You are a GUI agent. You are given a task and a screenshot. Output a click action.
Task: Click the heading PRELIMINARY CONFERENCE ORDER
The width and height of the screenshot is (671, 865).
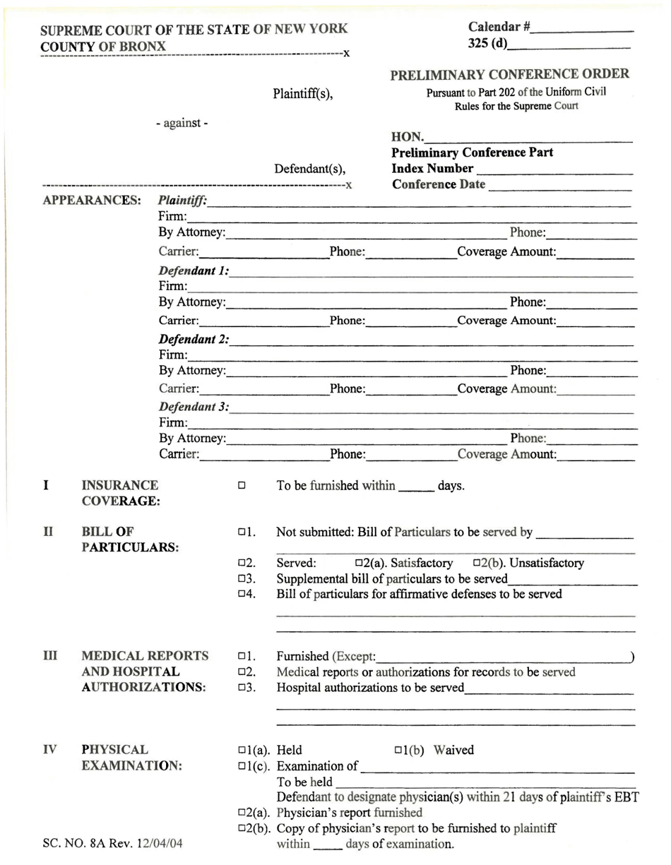click(509, 74)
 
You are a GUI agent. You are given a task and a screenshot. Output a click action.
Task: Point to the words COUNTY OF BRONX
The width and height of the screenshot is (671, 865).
click(104, 46)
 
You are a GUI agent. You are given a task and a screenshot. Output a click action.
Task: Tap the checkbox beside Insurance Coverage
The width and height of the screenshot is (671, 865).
click(242, 486)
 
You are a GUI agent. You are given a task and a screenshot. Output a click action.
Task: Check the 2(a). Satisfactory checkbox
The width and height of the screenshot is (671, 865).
click(359, 563)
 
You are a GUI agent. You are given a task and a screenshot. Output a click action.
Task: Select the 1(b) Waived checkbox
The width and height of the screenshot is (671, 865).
click(398, 750)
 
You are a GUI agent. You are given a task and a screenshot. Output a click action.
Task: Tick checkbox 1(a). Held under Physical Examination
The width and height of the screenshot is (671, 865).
click(242, 750)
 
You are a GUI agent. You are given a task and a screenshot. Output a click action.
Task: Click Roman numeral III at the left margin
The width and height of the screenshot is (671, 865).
click(48, 656)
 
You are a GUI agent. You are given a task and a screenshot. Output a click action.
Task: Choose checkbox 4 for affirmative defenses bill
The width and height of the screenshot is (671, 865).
click(242, 594)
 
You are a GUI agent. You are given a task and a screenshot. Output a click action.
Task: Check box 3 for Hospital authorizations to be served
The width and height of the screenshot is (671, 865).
click(242, 687)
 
